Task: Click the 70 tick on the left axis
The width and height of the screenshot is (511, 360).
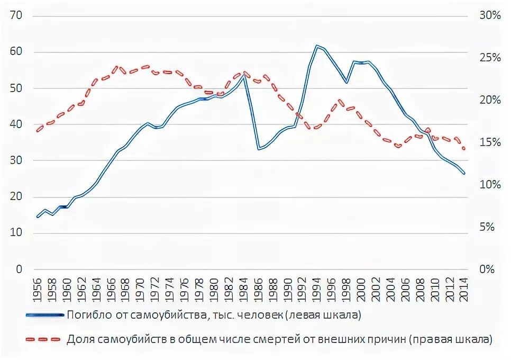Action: (16, 15)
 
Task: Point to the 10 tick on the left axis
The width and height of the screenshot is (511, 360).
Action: (16, 233)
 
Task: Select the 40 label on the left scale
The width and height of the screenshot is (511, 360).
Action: (16, 124)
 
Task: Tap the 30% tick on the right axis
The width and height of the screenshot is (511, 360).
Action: (490, 15)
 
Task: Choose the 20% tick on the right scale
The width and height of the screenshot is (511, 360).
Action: (490, 100)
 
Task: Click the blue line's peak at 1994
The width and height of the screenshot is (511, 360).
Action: (317, 46)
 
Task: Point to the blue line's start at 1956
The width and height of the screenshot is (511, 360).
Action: (38, 217)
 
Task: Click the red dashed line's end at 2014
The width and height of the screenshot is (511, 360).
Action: (464, 149)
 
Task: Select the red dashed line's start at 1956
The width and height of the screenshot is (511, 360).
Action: (38, 130)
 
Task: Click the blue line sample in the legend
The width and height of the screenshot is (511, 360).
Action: (45, 316)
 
